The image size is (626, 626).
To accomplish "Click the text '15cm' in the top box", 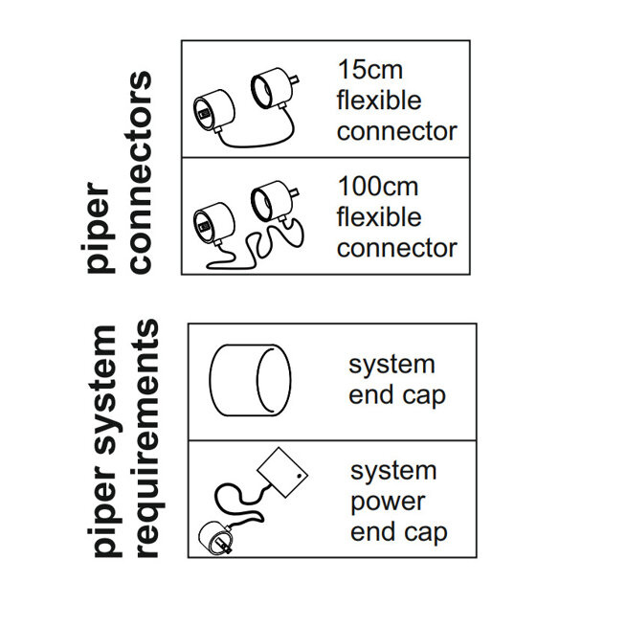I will point(369,69).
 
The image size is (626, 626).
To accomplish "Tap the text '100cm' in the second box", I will point(378,186).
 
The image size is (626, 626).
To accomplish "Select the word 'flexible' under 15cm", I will point(378,100).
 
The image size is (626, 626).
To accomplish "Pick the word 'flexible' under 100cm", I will point(378,217).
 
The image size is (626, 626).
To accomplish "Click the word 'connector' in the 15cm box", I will point(396,131).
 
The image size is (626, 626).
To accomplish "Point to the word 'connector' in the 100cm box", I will point(396,248).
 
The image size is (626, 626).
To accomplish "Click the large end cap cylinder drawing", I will point(248,380).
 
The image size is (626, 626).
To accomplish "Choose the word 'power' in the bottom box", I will point(387,502).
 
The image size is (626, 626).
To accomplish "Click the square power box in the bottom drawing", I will point(283,470).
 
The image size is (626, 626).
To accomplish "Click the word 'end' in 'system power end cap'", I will point(370,532).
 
